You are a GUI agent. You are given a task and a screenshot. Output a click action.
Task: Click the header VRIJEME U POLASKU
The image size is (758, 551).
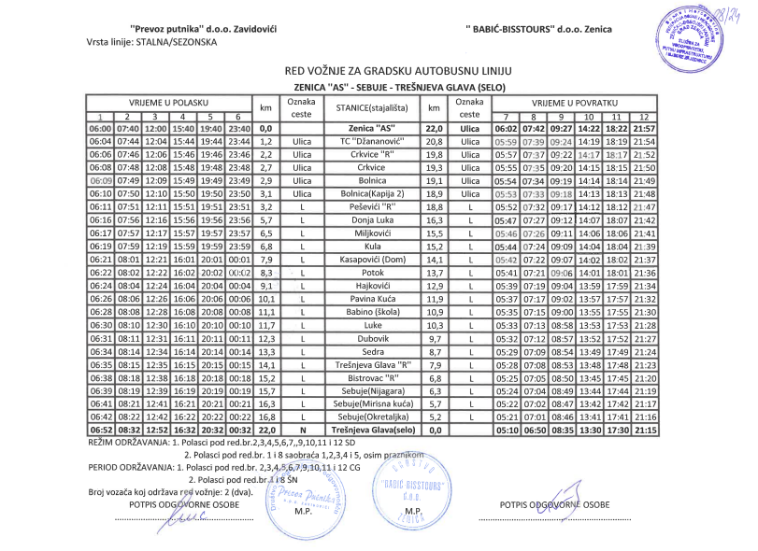click(169, 101)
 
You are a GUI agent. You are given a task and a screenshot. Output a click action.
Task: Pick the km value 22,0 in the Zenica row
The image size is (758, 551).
click(433, 128)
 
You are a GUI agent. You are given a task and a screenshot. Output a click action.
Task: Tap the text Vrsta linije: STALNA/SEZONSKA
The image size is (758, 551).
click(150, 43)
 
